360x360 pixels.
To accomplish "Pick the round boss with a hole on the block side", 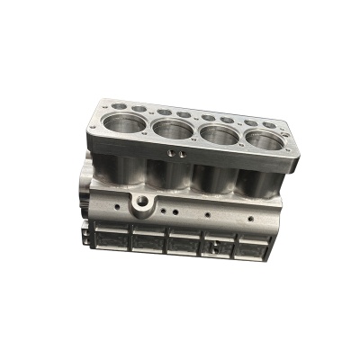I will click(142, 202).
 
